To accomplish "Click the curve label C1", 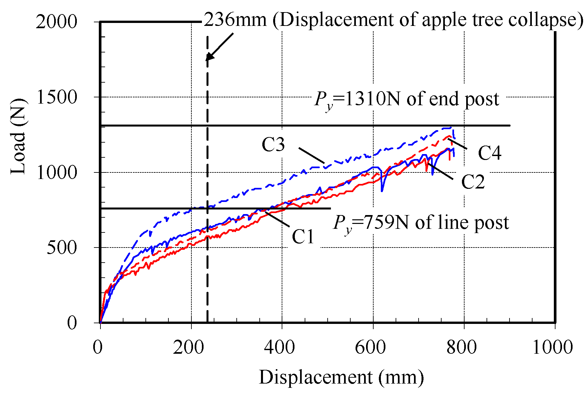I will click(303, 237).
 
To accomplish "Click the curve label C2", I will click(473, 182).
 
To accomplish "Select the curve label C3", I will click(273, 145).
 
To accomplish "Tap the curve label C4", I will click(489, 153).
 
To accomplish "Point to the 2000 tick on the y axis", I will click(56, 22).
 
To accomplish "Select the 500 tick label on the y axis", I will click(62, 248).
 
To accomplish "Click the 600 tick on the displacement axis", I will click(370, 347).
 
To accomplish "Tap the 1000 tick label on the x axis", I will click(552, 347).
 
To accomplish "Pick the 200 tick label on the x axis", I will click(188, 347).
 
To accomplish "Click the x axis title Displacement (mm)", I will click(341, 377).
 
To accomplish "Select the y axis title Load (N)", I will click(18, 136).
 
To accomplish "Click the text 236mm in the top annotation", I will click(235, 20).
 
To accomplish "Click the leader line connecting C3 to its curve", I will click(312, 155).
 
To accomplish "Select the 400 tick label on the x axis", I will click(279, 347).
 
